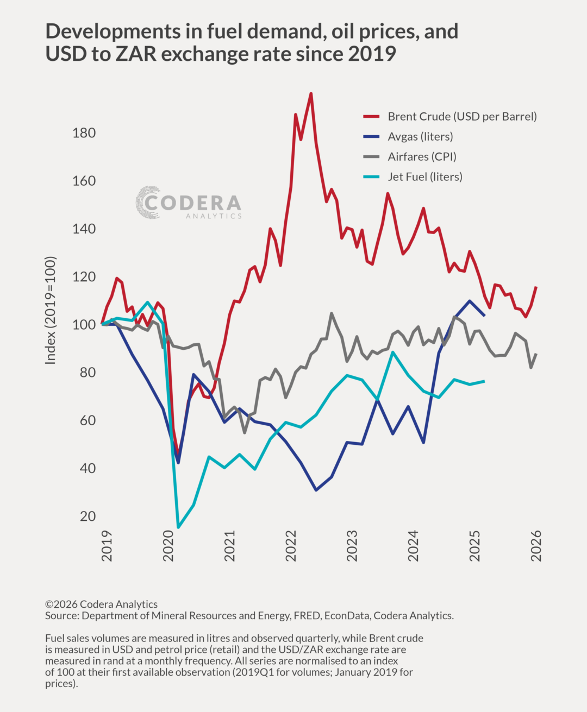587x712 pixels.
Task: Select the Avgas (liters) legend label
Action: click(x=420, y=137)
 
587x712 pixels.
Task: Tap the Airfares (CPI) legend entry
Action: click(x=422, y=157)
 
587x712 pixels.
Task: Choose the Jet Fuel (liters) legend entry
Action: click(x=424, y=177)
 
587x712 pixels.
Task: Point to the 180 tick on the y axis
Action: click(x=84, y=133)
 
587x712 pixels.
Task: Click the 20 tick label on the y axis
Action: click(x=88, y=516)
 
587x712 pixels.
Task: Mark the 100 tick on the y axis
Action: click(x=84, y=325)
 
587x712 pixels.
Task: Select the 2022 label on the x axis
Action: click(x=291, y=545)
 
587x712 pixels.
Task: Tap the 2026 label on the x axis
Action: click(x=536, y=545)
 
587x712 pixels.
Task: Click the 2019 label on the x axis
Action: click(x=107, y=545)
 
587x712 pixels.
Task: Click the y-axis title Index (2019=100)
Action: click(x=51, y=310)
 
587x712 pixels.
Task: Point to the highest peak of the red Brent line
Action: click(x=310, y=93)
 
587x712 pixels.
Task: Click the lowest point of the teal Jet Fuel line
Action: click(x=178, y=527)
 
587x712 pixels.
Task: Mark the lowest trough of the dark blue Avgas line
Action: click(x=316, y=490)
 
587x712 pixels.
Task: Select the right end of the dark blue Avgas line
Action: click(x=484, y=315)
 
